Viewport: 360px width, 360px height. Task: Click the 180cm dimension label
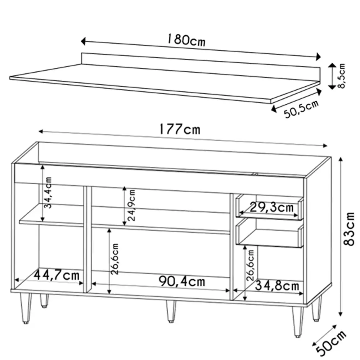point(186,40)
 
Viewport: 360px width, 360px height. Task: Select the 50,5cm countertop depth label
point(302,109)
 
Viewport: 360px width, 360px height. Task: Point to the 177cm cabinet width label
point(179,129)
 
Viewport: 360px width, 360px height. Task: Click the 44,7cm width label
point(57,275)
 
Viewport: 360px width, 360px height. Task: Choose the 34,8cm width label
point(277,286)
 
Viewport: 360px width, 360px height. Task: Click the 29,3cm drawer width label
point(266,208)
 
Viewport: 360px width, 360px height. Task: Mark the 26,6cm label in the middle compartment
point(114,259)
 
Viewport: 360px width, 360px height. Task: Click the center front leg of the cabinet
point(171,311)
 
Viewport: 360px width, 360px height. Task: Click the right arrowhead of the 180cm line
point(318,57)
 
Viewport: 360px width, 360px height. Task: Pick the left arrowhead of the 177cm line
point(41,131)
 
